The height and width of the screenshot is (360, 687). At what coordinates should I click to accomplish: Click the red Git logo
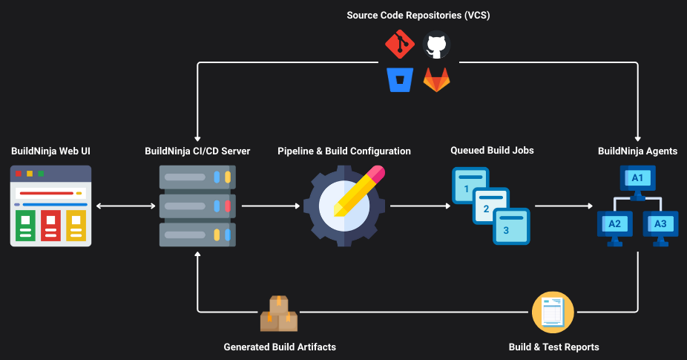point(400,45)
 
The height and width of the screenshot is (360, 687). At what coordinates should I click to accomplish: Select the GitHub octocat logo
point(436,45)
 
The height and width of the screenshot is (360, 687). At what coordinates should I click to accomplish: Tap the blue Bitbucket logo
point(400,79)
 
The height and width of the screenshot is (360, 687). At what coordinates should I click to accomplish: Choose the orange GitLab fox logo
point(436,79)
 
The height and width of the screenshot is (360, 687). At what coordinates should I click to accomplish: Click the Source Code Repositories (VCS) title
point(418,16)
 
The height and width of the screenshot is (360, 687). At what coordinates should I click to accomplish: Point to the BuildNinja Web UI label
point(50,151)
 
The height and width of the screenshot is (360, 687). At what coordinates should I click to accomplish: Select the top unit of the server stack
point(197,177)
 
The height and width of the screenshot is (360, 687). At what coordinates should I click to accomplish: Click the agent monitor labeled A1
point(637,179)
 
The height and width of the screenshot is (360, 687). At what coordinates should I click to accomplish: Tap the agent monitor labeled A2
point(614,224)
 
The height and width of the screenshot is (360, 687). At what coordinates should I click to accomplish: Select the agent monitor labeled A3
point(660,224)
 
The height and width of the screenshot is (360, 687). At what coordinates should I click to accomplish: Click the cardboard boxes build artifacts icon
point(278,315)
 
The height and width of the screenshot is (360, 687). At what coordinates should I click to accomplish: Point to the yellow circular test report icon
point(553,312)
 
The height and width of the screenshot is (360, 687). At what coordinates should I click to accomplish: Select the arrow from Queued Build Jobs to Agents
point(563,206)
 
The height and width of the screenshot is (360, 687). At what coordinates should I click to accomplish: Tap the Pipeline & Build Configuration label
point(343,151)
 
